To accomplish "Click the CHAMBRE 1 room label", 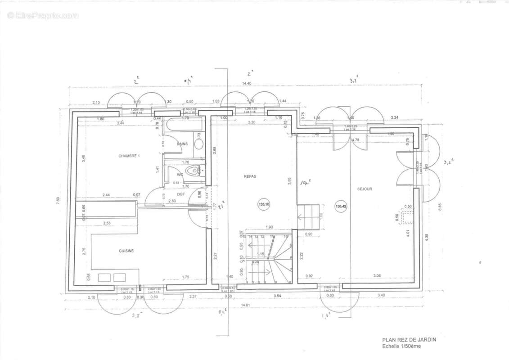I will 129,156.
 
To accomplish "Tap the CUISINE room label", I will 126,251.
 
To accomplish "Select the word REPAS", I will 250,176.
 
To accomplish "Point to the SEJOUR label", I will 365,189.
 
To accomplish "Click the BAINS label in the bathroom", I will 182,144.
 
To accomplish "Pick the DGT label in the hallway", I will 180,194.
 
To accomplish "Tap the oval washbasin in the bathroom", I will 198,144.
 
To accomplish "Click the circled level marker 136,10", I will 264,204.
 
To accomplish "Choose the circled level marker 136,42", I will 341,206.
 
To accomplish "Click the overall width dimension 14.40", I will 247,83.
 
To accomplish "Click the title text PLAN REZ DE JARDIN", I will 409,340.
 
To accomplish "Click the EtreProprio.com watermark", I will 43,16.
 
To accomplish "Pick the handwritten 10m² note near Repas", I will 307,182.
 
